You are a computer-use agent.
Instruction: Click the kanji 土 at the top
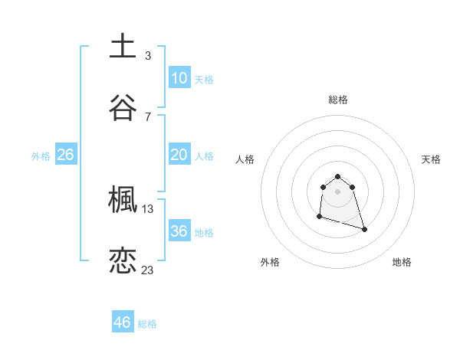pyautogui.click(x=123, y=47)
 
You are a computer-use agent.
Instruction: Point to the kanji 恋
pyautogui.click(x=123, y=260)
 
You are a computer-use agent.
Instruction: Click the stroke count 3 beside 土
pyautogui.click(x=147, y=55)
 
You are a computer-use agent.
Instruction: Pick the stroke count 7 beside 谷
pyautogui.click(x=147, y=116)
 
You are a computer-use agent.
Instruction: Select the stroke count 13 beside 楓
pyautogui.click(x=148, y=208)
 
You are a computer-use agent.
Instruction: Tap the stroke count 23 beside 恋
pyautogui.click(x=148, y=270)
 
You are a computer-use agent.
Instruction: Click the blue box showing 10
pyautogui.click(x=179, y=77)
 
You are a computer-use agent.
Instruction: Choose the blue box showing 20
pyautogui.click(x=179, y=155)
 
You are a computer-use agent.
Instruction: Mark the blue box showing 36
pyautogui.click(x=179, y=231)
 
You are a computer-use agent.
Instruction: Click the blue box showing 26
pyautogui.click(x=65, y=155)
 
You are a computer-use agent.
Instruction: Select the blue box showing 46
pyautogui.click(x=123, y=322)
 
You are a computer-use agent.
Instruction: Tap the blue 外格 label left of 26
pyautogui.click(x=41, y=156)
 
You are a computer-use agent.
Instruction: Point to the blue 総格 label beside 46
pyautogui.click(x=147, y=324)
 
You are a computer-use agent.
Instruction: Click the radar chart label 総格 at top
pyautogui.click(x=338, y=100)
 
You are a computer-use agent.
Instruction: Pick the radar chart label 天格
pyautogui.click(x=431, y=159)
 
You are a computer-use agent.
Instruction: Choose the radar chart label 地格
pyautogui.click(x=402, y=262)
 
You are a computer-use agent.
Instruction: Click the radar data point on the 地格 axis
pyautogui.click(x=364, y=229)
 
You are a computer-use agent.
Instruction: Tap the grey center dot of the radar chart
pyautogui.click(x=337, y=191)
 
